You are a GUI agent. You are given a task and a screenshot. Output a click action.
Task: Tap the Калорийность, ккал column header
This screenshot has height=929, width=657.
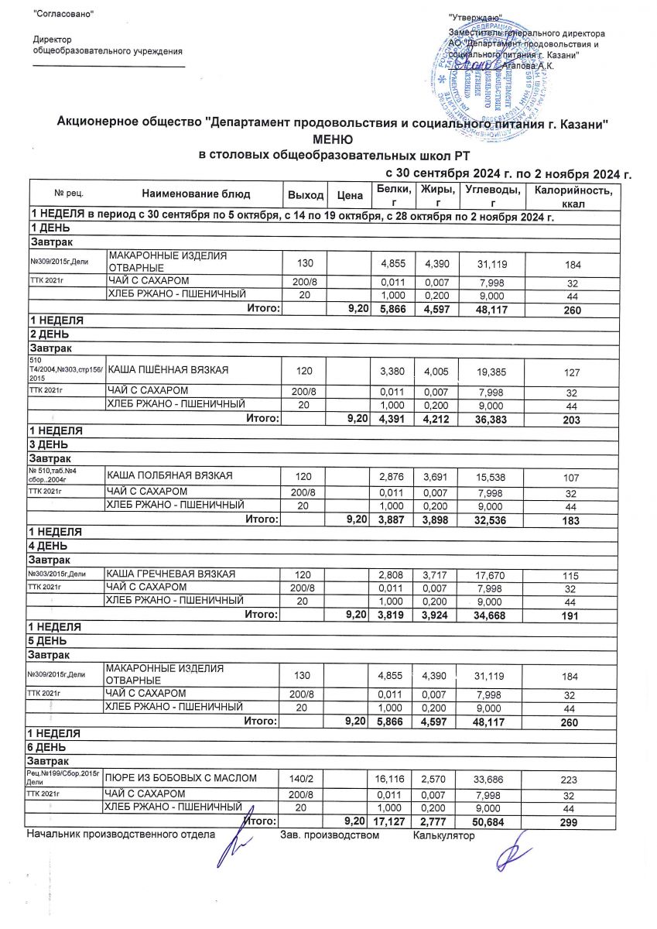click(569, 195)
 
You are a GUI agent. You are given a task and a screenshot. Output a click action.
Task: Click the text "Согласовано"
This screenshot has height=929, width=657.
click(65, 15)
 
